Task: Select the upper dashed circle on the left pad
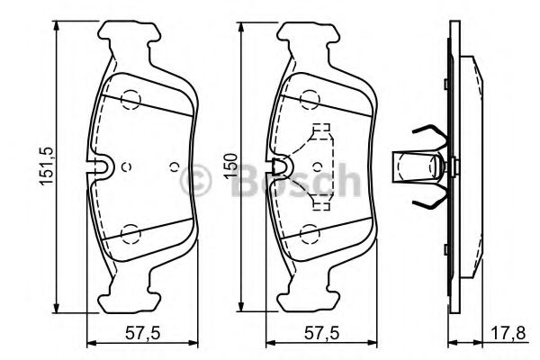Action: [x=131, y=99]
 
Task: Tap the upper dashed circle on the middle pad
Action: [x=311, y=99]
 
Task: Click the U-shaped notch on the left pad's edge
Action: [x=100, y=167]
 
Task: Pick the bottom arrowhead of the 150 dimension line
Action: [x=246, y=305]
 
